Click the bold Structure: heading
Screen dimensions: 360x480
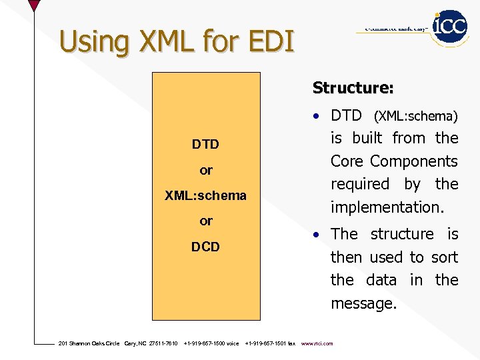click(353, 88)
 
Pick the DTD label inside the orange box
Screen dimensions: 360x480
click(205, 145)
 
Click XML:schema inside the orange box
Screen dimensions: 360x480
click(205, 196)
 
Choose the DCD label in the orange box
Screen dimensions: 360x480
click(205, 247)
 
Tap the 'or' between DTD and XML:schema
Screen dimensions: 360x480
click(206, 171)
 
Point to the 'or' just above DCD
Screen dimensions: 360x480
click(206, 221)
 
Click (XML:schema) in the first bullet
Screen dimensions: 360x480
click(415, 117)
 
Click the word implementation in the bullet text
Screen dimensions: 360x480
click(386, 207)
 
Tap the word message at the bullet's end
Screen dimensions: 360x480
click(363, 304)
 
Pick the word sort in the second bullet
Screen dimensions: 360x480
click(444, 257)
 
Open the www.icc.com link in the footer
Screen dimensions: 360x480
click(317, 344)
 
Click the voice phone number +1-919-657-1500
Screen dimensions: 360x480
click(211, 344)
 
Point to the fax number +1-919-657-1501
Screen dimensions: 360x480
click(270, 344)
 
